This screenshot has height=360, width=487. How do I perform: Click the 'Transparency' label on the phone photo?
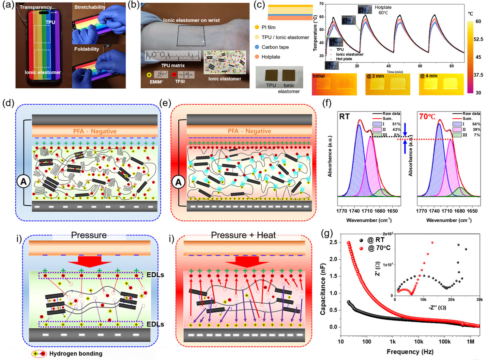[x=36, y=7]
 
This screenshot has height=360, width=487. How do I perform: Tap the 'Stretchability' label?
[x=90, y=7]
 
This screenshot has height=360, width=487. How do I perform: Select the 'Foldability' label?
[x=86, y=49]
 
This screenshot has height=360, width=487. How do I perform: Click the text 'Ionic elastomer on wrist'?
[x=191, y=20]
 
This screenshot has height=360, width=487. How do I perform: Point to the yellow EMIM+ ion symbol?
[x=149, y=75]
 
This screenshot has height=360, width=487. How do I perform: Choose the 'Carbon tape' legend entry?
[x=275, y=47]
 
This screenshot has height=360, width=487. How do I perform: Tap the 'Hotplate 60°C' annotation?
[x=383, y=10]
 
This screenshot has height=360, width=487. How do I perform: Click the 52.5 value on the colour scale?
[x=478, y=39]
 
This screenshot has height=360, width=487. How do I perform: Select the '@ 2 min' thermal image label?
[x=375, y=76]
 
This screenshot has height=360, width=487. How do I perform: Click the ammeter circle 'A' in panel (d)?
[x=23, y=182]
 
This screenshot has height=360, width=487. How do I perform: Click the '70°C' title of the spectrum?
[x=427, y=116]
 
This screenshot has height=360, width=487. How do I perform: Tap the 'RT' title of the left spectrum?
[x=344, y=116]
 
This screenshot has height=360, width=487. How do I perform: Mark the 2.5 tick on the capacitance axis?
[x=333, y=242]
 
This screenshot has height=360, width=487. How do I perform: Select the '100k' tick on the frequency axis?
[x=444, y=342]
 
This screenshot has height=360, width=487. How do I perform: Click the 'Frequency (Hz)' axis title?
[x=410, y=352]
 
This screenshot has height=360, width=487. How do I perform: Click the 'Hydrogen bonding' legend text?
[x=76, y=354]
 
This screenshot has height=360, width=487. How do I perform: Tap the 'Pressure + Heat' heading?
[x=243, y=235]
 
